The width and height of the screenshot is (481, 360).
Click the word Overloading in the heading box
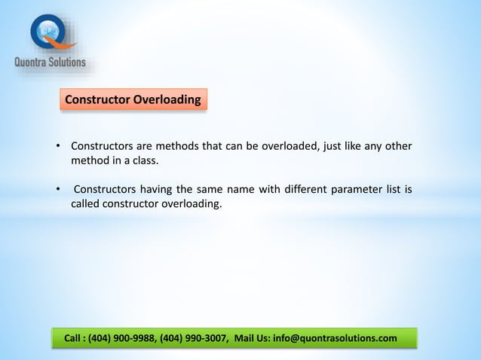coord(167,99)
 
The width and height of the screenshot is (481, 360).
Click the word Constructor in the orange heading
coord(98,99)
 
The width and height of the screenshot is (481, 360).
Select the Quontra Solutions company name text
coord(51,63)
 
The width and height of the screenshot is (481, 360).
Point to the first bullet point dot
coord(58,146)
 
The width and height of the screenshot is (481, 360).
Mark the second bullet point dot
coord(58,189)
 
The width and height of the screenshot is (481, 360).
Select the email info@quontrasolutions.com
coord(336,338)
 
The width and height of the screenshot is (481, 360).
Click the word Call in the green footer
coord(73,338)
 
